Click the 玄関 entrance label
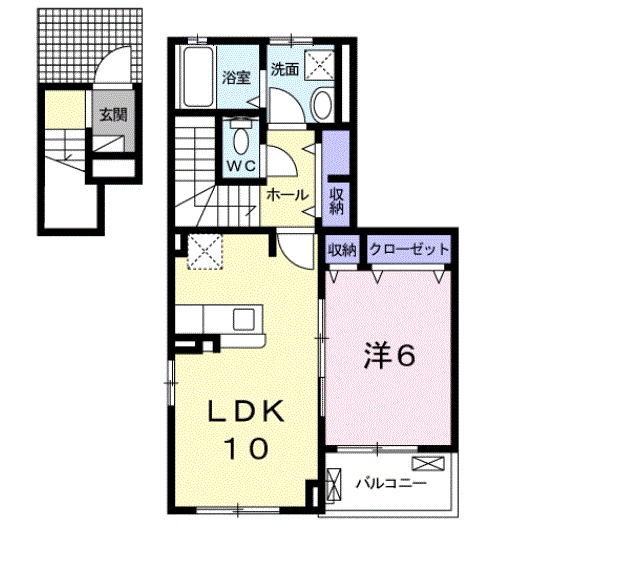[113, 115]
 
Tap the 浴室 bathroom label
[236, 77]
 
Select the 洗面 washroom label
[285, 69]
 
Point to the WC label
[241, 165]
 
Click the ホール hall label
[287, 195]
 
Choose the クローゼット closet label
[409, 249]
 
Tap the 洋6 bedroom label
[390, 355]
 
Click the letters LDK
[245, 411]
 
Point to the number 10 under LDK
[246, 448]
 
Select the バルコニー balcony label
[391, 483]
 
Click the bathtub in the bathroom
[198, 77]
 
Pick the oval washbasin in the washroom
[322, 105]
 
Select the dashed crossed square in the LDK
[205, 252]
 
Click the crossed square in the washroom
[319, 65]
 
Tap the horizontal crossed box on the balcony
[428, 463]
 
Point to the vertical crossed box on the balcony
[333, 485]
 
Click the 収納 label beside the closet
[342, 250]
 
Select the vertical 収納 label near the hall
[336, 201]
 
